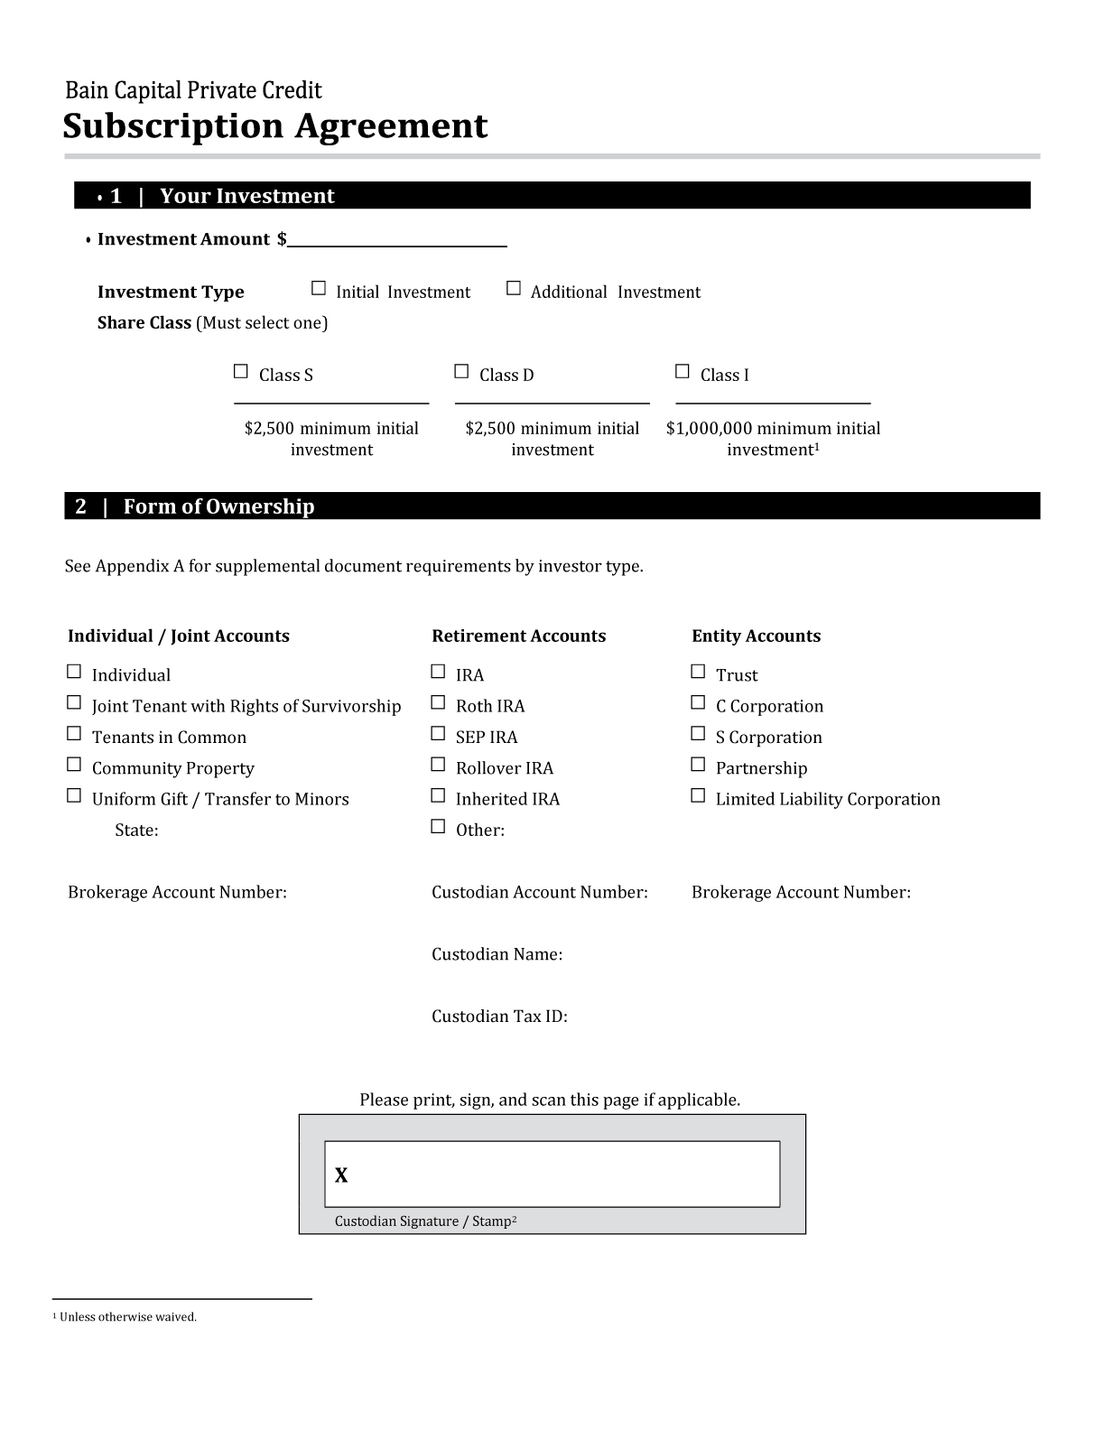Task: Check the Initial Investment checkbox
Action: point(318,289)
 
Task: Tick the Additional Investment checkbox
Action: point(514,289)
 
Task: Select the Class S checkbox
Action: point(240,372)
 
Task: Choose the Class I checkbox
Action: point(682,372)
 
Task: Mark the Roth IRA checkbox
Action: point(438,703)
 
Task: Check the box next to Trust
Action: point(698,672)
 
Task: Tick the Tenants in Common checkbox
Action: point(74,734)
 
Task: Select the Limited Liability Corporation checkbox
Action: point(698,796)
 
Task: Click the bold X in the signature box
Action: point(341,1175)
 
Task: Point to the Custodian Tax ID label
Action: point(499,1017)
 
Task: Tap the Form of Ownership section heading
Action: point(218,506)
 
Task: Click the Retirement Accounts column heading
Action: point(518,636)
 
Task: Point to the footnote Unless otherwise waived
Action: point(127,1317)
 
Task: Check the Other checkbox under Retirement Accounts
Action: point(438,827)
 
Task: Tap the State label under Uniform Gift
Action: point(136,831)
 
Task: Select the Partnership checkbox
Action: point(698,765)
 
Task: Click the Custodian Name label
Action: point(497,954)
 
